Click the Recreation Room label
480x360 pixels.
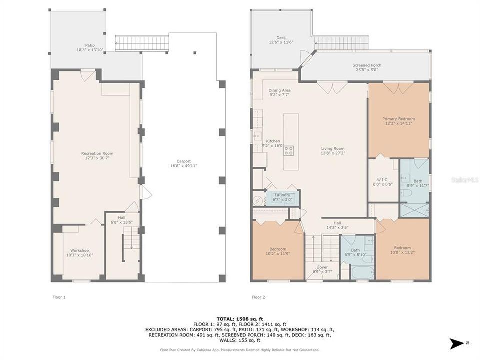pos(97,153)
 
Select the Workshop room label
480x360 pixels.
pos(79,250)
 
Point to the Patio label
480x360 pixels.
pos(89,45)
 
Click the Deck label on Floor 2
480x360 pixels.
pos(281,38)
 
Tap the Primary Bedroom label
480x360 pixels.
pos(398,119)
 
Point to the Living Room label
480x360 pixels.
pos(332,148)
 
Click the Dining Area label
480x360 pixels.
pos(279,90)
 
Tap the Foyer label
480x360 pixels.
pos(322,267)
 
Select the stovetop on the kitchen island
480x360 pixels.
pos(289,150)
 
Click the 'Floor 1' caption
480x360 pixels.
pos(59,297)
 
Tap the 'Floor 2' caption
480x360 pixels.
pos(258,297)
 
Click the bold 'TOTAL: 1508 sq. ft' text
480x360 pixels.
pos(239,318)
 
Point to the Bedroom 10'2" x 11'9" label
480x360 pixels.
pos(278,249)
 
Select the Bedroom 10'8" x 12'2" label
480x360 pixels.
pos(402,248)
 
